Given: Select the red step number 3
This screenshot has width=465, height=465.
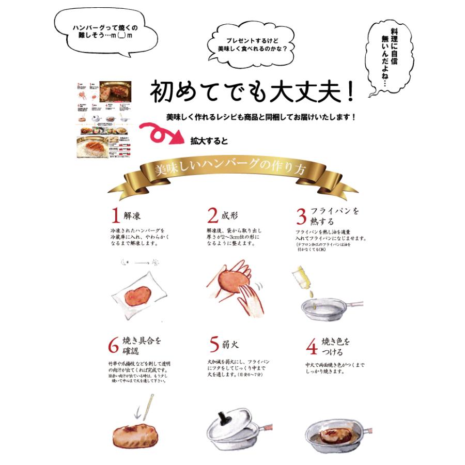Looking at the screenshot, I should pyautogui.click(x=301, y=215).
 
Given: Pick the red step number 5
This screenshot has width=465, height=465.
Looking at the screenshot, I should pyautogui.click(x=213, y=343).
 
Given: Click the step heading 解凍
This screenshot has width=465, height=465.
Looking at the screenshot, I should pyautogui.click(x=132, y=215).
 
